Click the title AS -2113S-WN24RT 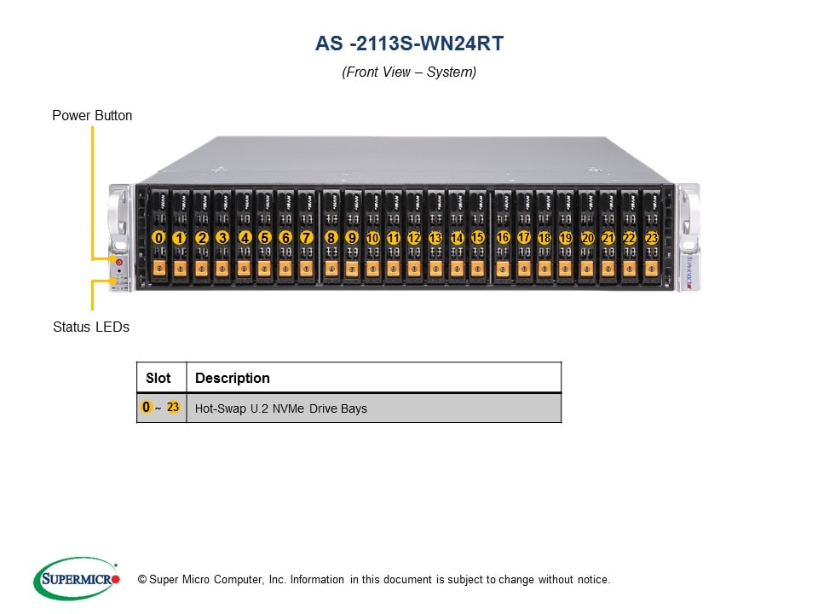[x=409, y=43]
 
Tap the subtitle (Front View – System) [x=409, y=72]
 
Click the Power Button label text [x=92, y=115]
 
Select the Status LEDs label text [x=91, y=327]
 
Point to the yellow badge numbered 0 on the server [x=158, y=238]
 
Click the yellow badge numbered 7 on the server [x=307, y=238]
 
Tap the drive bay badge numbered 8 [x=331, y=238]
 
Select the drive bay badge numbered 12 [x=414, y=238]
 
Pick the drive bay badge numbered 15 [x=477, y=238]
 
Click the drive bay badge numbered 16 [x=503, y=238]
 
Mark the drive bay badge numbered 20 [x=587, y=238]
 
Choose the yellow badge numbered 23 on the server [x=651, y=238]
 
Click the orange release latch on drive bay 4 [x=244, y=269]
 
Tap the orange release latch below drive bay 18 [x=544, y=269]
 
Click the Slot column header [x=158, y=378]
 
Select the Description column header [x=233, y=378]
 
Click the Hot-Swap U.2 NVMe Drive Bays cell [x=281, y=408]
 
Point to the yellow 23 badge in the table [x=173, y=408]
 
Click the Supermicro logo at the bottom [x=77, y=579]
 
